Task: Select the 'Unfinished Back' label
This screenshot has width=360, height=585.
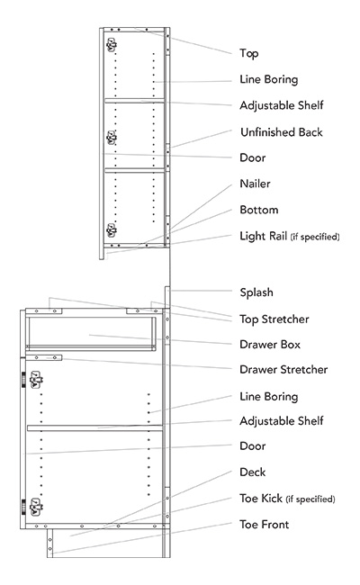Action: point(281,132)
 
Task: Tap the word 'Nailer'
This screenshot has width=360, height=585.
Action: point(255,184)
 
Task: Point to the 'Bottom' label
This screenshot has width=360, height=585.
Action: point(258,210)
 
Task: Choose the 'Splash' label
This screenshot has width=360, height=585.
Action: point(256,292)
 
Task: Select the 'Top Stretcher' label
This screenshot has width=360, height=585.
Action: point(274,319)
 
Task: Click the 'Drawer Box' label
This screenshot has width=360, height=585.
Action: point(270,344)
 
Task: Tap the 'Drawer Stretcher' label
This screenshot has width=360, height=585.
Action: point(283,369)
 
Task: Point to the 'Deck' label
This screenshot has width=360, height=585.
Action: point(252,472)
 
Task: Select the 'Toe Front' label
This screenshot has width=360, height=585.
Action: point(264,524)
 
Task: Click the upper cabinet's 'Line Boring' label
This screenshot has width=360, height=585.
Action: point(268,79)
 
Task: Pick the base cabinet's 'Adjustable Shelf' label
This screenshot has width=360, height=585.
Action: point(282,420)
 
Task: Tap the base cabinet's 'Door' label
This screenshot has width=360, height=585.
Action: point(253,445)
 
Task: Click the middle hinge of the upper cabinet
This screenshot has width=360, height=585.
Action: point(112,137)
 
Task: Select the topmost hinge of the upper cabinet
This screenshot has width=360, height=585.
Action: point(112,43)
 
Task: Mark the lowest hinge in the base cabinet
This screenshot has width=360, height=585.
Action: point(37,506)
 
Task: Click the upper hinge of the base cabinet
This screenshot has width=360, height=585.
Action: point(37,381)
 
